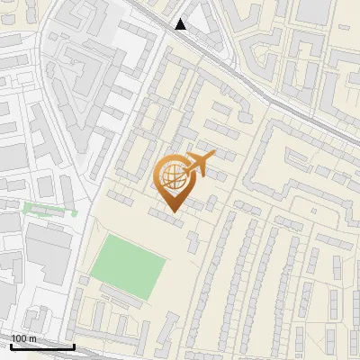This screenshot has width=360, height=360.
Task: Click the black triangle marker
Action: coord(181,24)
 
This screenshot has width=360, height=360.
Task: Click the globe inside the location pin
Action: coord(171,175)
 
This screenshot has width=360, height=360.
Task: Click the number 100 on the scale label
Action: coord(19,338)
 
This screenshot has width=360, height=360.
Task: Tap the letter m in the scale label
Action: coord(32,338)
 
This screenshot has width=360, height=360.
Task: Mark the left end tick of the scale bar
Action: coord(11,345)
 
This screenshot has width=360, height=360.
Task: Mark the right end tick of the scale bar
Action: coord(74,345)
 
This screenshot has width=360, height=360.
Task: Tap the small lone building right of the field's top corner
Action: coord(193,240)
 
